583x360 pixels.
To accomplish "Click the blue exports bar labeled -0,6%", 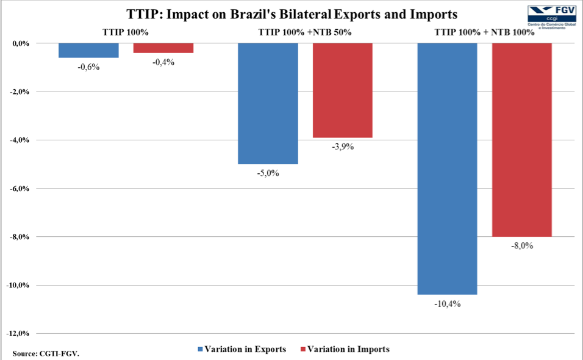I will click(x=88, y=51).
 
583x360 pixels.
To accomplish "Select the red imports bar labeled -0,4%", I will click(x=163, y=48).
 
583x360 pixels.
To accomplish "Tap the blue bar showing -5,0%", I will click(x=268, y=104).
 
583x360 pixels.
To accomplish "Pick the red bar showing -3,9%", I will click(x=343, y=90).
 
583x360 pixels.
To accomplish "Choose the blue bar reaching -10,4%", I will click(x=447, y=169).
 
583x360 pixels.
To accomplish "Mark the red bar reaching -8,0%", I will click(x=522, y=140).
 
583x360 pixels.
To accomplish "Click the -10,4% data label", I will click(x=448, y=304).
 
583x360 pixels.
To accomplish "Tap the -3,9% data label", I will click(x=343, y=147).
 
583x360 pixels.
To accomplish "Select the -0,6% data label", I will click(x=88, y=67).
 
